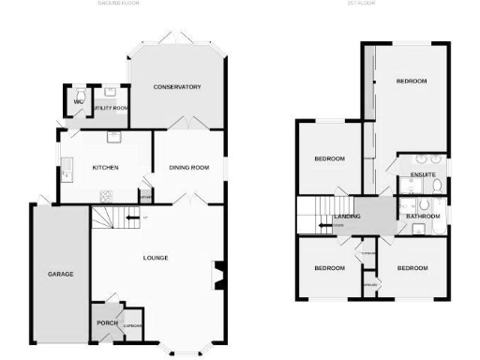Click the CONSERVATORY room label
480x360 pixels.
tap(177, 87)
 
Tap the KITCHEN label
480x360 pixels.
tap(105, 168)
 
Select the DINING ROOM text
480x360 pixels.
tap(187, 168)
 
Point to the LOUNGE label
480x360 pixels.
tap(156, 257)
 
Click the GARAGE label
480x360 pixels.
tap(61, 274)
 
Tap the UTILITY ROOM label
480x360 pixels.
tap(111, 109)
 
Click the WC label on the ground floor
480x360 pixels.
tap(79, 101)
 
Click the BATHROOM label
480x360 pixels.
tap(423, 217)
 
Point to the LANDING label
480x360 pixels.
tap(348, 217)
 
